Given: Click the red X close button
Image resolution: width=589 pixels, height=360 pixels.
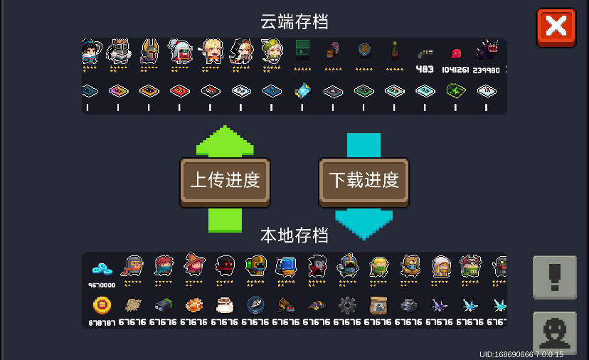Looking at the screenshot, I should (556, 27).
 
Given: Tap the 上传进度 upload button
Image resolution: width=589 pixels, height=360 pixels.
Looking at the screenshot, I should (225, 181).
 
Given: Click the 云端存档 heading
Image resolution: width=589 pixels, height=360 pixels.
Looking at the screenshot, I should (294, 22).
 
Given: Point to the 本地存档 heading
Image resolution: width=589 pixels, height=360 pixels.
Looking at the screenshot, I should (294, 235).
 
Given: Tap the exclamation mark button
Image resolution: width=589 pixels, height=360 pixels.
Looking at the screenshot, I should (554, 277).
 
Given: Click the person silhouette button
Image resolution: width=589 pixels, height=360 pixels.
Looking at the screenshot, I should (554, 332).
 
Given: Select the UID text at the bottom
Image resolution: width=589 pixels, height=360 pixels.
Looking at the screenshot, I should (521, 354).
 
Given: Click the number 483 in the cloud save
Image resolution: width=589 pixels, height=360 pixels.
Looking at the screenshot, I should (425, 69).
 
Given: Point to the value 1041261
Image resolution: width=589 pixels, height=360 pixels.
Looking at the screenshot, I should (455, 70).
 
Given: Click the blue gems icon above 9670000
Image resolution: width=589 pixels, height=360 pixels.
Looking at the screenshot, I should (102, 269).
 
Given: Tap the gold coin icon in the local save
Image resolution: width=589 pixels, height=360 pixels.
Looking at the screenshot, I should (102, 305).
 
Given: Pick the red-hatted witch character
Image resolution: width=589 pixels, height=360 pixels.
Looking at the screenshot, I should (194, 265).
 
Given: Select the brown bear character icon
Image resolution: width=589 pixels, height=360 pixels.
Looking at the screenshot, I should (410, 265).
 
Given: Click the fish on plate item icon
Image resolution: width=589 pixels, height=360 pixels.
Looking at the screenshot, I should (255, 305).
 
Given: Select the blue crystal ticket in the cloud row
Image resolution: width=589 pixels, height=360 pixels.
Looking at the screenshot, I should (302, 91).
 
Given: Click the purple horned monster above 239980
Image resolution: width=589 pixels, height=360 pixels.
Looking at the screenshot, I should (487, 51).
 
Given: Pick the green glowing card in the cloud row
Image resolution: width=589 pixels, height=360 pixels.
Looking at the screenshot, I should (455, 90).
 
